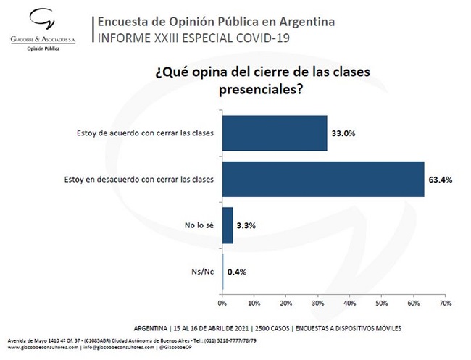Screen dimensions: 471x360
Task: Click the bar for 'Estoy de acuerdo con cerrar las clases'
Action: (275, 133)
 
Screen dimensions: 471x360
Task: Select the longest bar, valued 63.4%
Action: (323, 179)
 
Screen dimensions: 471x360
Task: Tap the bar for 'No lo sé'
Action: (228, 225)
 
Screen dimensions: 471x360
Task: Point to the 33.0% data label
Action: (343, 133)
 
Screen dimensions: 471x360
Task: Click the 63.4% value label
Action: (441, 180)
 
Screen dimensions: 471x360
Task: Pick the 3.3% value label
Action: (246, 225)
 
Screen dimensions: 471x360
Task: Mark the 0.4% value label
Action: (237, 272)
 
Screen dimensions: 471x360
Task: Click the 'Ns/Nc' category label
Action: (203, 272)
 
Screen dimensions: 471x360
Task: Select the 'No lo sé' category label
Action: (199, 225)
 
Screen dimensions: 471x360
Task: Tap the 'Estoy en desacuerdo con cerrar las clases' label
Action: (139, 180)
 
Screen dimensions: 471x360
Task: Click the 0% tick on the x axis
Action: (222, 304)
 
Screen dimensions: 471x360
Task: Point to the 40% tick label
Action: (350, 304)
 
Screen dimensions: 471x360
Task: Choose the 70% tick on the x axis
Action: (446, 304)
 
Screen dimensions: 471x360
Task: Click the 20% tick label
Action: (286, 304)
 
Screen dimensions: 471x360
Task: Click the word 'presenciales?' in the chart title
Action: (260, 90)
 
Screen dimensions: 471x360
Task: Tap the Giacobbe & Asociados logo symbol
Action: (42, 20)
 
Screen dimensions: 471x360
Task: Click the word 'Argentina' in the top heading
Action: (307, 22)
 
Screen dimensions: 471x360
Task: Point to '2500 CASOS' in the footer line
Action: (272, 328)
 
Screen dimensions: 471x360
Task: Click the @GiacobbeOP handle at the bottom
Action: (175, 348)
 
